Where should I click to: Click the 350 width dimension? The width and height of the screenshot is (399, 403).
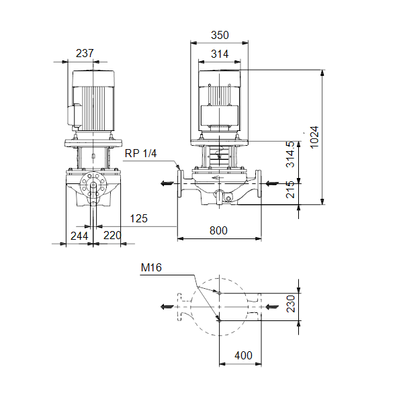pyautogui.click(x=220, y=35)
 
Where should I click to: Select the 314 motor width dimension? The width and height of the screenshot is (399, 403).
pyautogui.click(x=220, y=54)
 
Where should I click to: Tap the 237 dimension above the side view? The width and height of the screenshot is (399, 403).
pyautogui.click(x=85, y=54)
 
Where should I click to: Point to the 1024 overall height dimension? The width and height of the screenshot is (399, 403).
pyautogui.click(x=314, y=137)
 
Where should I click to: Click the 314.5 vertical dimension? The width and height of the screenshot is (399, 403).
pyautogui.click(x=290, y=154)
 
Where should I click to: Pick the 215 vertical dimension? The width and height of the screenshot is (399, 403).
pyautogui.click(x=290, y=189)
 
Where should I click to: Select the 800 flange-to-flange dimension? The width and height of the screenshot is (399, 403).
pyautogui.click(x=218, y=230)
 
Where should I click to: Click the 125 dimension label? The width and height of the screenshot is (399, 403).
pyautogui.click(x=139, y=219)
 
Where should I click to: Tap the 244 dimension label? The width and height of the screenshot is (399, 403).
pyautogui.click(x=79, y=236)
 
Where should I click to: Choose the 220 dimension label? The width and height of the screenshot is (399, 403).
pyautogui.click(x=112, y=236)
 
